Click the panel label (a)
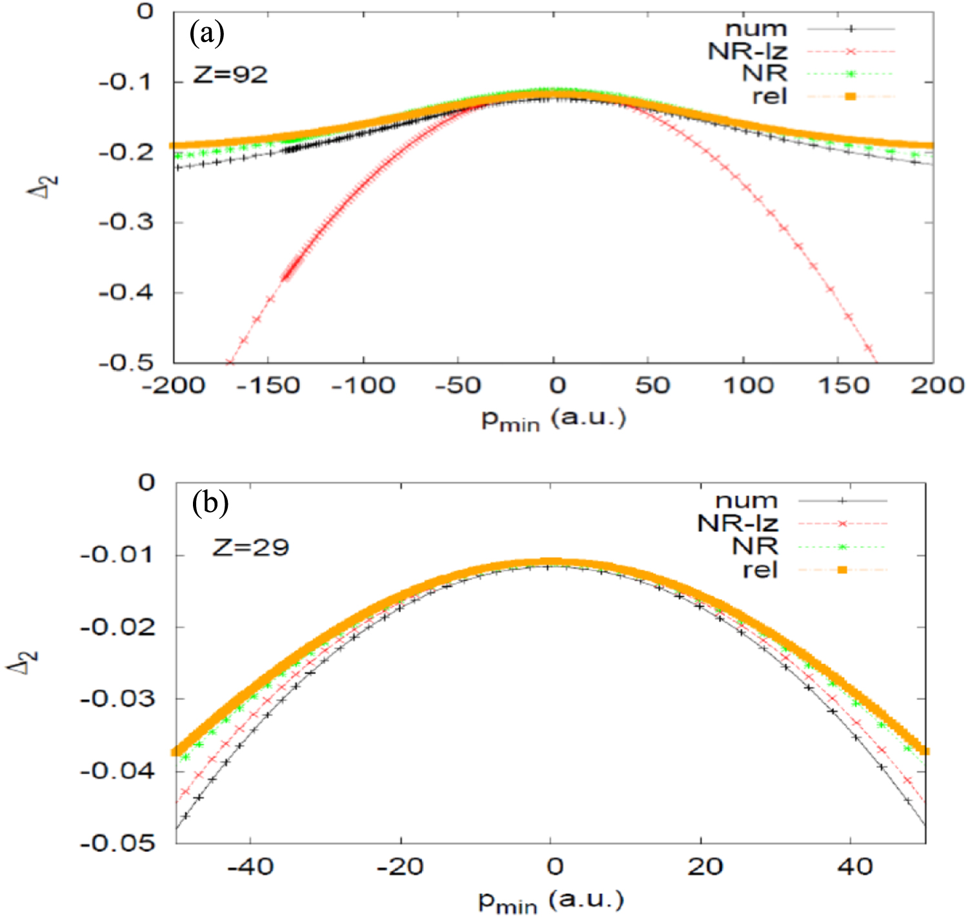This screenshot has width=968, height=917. pos(207,34)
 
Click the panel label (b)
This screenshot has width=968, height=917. pos(210,503)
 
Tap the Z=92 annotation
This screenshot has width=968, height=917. pos(230,75)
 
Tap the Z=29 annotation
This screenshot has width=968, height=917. pos(251,548)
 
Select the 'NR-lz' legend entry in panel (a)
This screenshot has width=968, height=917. pos(747,52)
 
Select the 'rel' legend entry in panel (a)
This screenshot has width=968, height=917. pos(769,97)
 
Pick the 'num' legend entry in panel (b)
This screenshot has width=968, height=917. pos(746,500)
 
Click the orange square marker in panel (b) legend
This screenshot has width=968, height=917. pos(842,570)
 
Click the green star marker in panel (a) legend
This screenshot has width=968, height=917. pos(851,74)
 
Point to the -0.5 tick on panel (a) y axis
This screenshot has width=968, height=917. pos(126,362)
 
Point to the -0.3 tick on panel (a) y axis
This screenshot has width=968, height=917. pos(126,222)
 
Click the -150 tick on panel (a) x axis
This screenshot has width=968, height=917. pos(267,386)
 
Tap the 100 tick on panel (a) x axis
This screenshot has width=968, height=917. pos(747,386)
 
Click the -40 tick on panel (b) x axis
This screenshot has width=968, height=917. pos(251,867)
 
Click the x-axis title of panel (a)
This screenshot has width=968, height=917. pos(553,420)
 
